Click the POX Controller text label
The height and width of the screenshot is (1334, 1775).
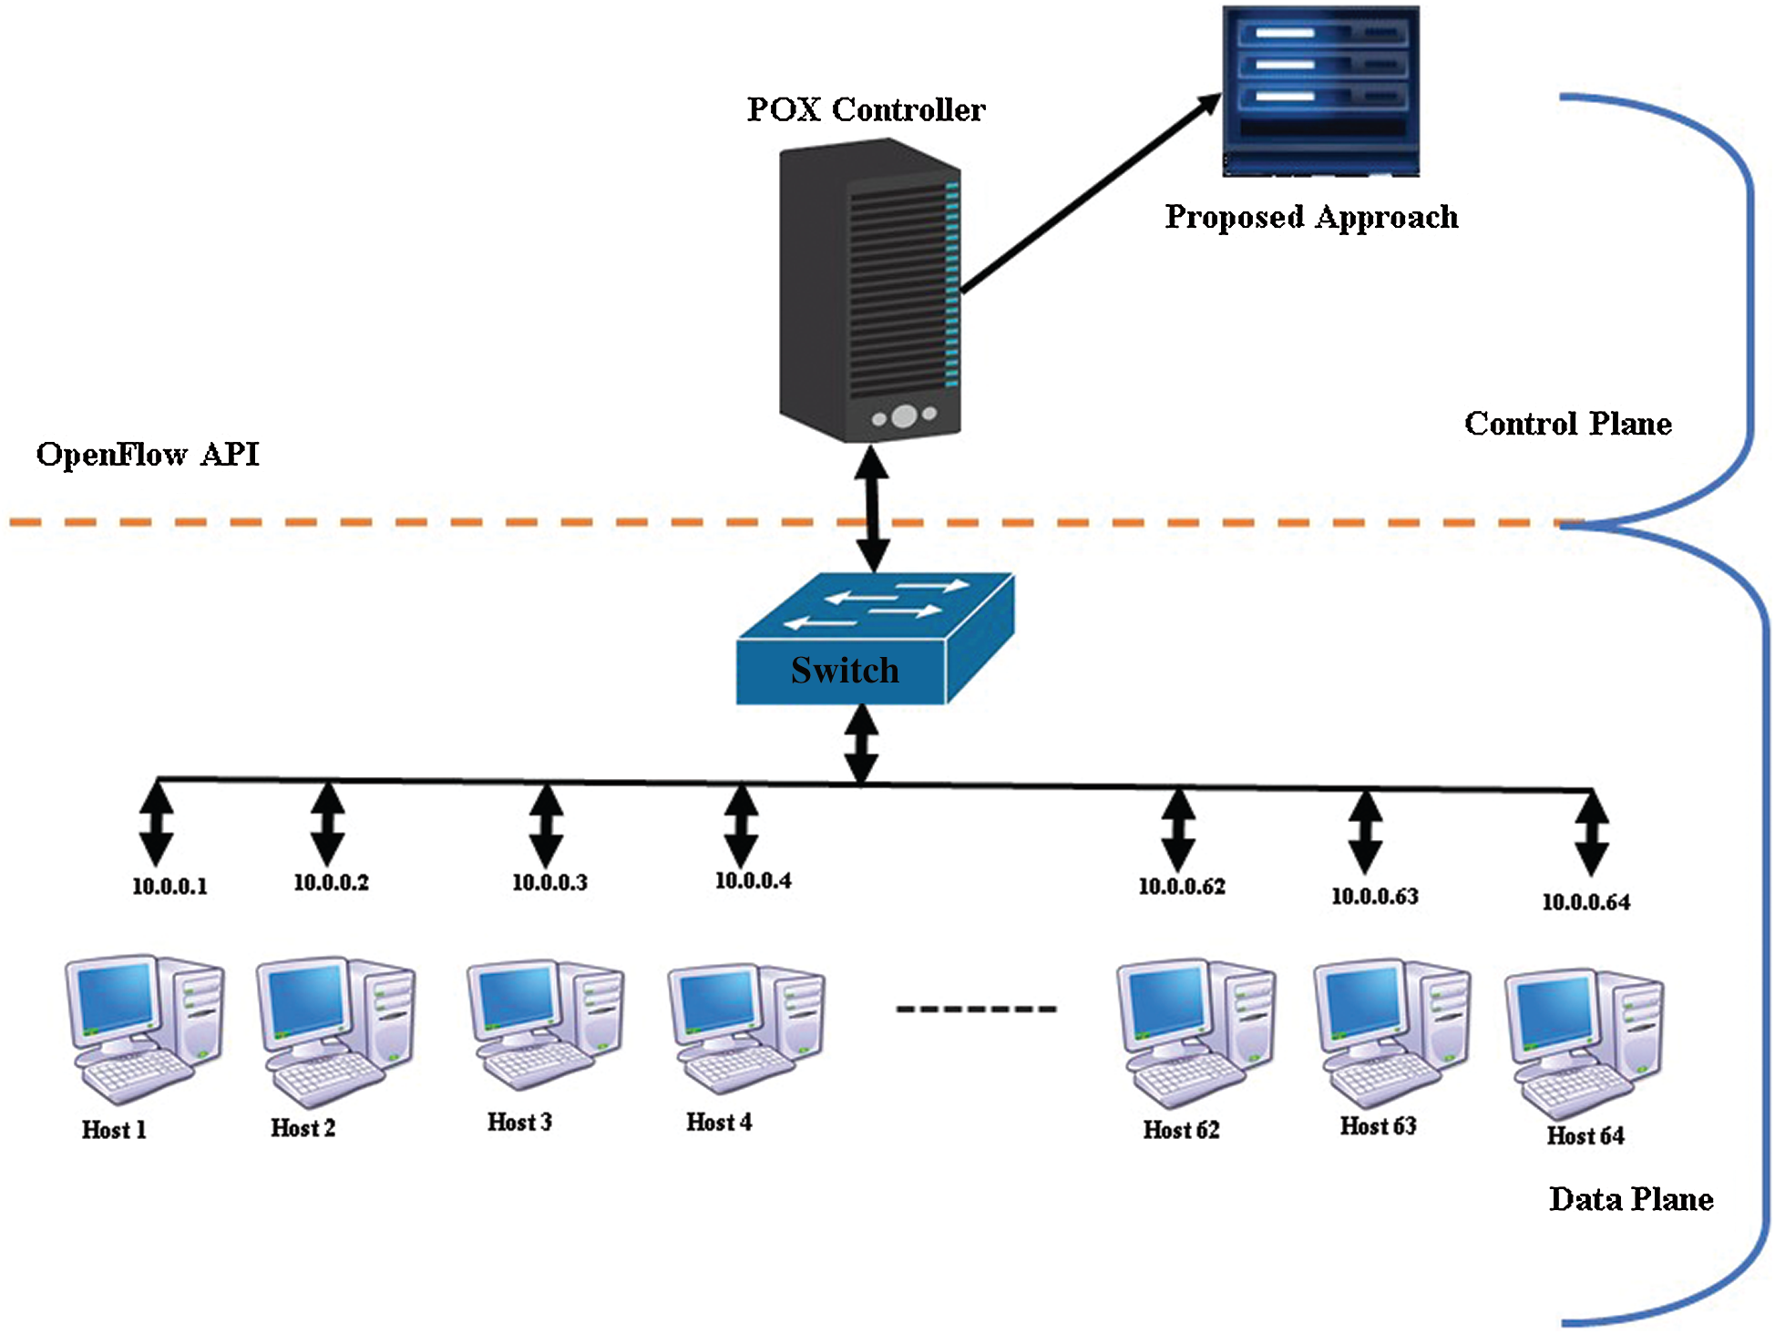pos(866,109)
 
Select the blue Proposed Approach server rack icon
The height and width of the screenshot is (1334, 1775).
pos(1320,91)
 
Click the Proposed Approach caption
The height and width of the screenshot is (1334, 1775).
pos(1311,217)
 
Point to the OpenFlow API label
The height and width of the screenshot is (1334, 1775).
pos(148,454)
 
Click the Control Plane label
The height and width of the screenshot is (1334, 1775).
pos(1567,424)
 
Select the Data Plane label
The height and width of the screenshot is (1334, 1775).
pos(1630,1199)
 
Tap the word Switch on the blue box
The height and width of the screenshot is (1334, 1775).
pos(845,671)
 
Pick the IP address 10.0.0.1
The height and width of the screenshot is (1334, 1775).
pos(169,887)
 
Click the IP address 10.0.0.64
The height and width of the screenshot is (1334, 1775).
pos(1585,902)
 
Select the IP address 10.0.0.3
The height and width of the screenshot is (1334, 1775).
pos(549,882)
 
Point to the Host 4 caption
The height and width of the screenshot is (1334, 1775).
pos(719,1123)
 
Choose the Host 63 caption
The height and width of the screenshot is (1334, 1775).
pos(1378,1126)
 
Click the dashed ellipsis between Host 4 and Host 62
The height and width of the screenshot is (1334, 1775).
pos(976,1009)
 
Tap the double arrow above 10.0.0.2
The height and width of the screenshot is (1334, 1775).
pos(327,824)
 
